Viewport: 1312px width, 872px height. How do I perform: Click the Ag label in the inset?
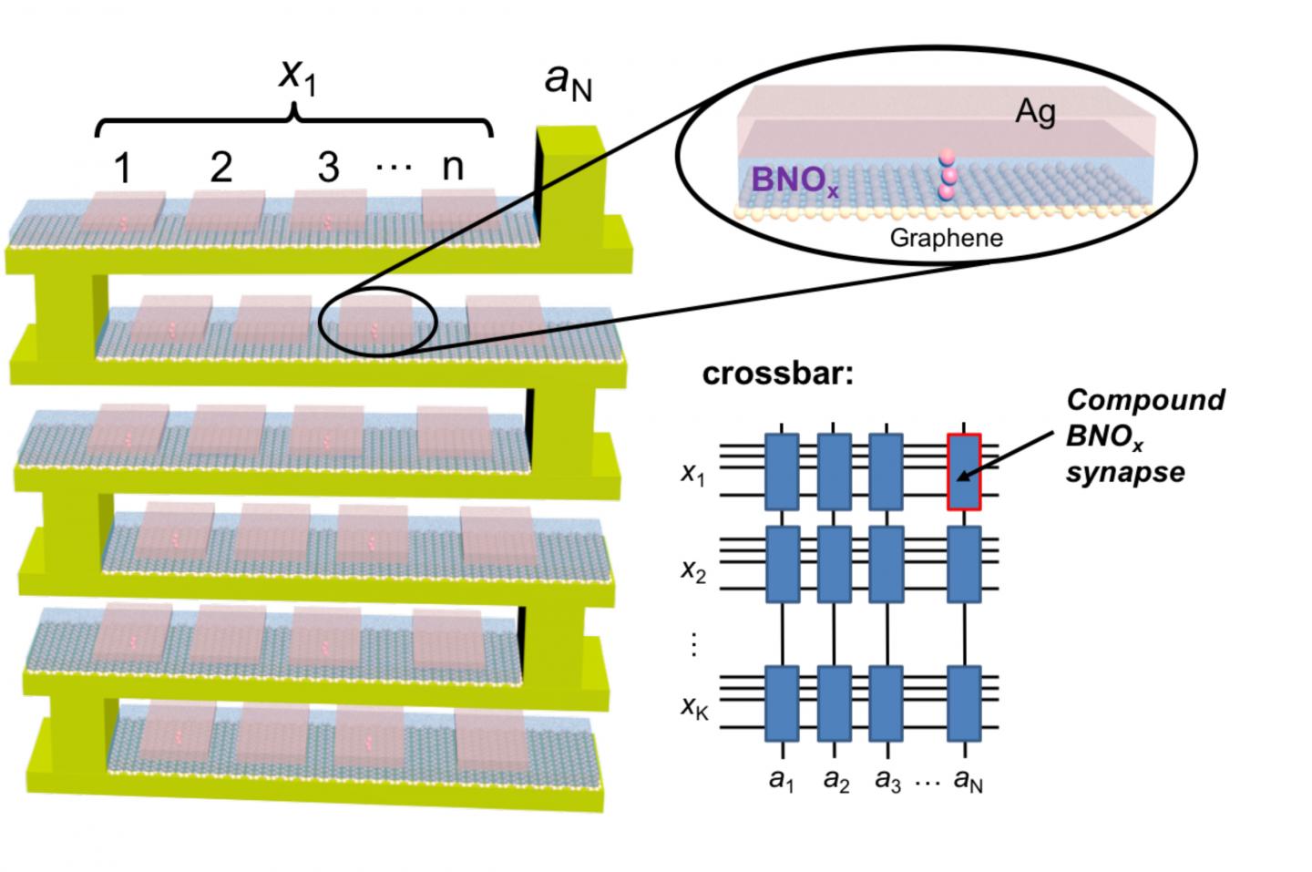(1036, 112)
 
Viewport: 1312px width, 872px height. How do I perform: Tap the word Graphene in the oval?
(946, 239)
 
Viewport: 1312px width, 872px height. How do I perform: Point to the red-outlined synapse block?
(964, 471)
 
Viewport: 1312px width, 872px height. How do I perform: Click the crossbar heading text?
(778, 374)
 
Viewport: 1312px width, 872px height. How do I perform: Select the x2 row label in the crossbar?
(693, 570)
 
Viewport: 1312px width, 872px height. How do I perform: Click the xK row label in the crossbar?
(694, 706)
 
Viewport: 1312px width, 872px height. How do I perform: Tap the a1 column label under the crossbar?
(781, 780)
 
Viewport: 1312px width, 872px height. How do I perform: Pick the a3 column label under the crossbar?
(887, 780)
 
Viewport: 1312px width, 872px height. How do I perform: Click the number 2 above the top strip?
(220, 167)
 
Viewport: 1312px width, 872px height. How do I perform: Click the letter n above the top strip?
(453, 167)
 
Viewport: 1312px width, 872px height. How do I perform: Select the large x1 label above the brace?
(297, 75)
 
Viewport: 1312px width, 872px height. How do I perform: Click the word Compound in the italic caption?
(1145, 400)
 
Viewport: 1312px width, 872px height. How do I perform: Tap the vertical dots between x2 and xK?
(693, 643)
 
